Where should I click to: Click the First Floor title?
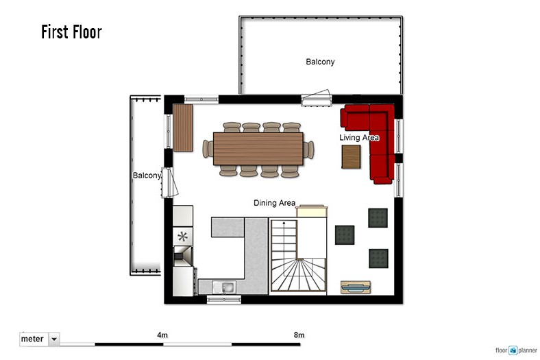pos(71,32)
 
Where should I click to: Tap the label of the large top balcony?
pos(320,62)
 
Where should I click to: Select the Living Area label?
pos(359,137)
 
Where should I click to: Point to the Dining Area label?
pos(275,203)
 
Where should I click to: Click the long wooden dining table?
pos(258,149)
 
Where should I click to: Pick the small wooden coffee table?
pos(352,157)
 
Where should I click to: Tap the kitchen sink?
pos(224,287)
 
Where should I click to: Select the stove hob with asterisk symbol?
pos(182,237)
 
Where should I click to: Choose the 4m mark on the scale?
pos(162,335)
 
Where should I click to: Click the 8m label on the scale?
pos(299,335)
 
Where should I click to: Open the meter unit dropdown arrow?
pos(54,339)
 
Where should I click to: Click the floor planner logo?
pos(516,350)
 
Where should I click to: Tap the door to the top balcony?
pos(317,98)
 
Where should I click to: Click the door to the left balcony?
pos(169,182)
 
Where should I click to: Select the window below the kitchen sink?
pos(224,300)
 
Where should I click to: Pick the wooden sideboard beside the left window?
pos(183,128)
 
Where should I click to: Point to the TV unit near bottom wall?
pos(356,287)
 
